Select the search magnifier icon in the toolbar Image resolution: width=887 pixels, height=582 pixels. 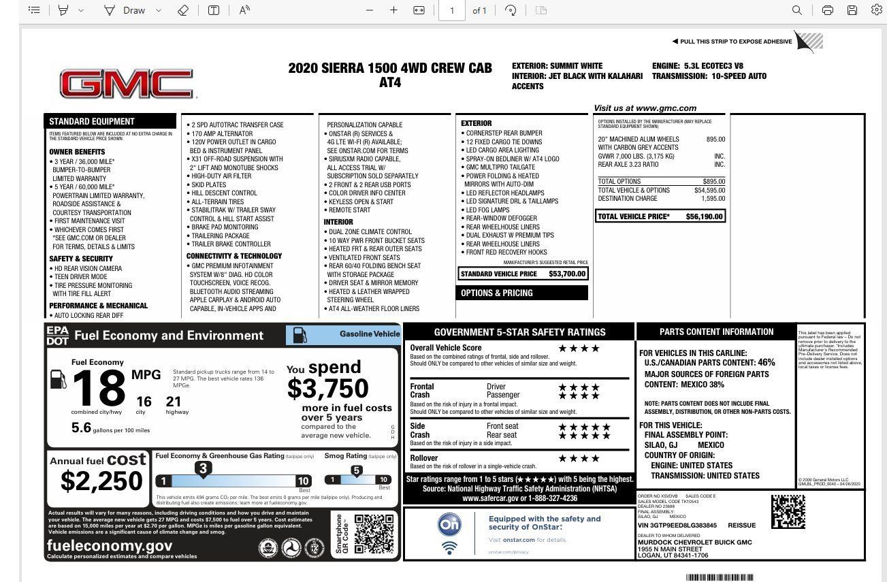click(x=796, y=10)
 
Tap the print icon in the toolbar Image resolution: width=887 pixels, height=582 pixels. click(x=827, y=10)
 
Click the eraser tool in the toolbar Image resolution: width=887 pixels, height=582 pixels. click(x=182, y=10)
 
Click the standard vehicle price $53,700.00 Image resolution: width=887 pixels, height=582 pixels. click(x=567, y=274)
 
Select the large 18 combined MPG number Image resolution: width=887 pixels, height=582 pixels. click(x=99, y=388)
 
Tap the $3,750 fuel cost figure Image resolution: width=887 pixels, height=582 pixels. click(x=327, y=389)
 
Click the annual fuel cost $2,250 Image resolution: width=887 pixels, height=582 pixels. click(x=101, y=481)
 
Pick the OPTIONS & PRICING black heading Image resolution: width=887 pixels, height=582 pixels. click(x=497, y=293)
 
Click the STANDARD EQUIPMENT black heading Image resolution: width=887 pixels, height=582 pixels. click(x=92, y=121)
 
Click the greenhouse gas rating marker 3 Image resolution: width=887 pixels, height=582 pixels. click(x=202, y=468)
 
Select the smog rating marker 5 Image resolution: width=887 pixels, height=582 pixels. click(x=356, y=470)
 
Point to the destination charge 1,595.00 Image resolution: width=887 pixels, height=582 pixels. click(x=713, y=199)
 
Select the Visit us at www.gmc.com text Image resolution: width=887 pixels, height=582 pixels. click(x=645, y=108)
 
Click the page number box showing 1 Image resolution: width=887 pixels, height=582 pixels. click(x=452, y=10)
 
